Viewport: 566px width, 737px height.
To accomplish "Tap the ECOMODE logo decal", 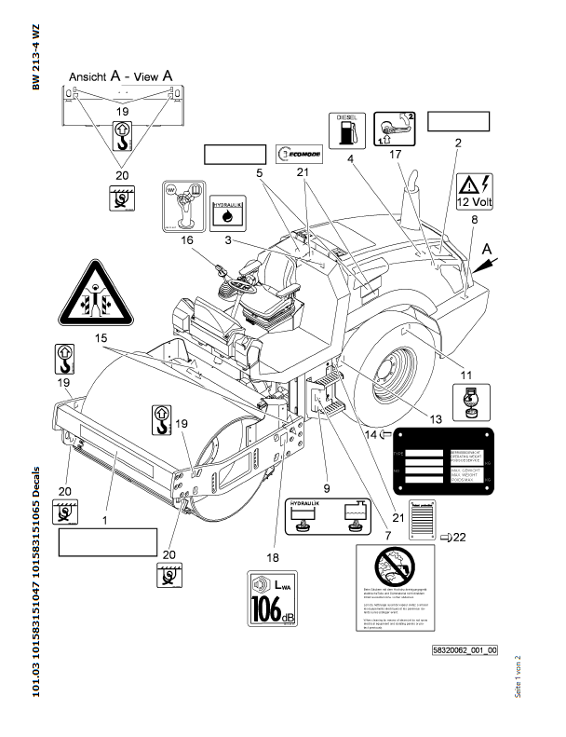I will (299, 154).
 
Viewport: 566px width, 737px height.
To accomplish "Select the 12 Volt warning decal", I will (476, 191).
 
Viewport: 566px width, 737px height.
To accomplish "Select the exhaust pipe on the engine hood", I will (409, 199).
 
